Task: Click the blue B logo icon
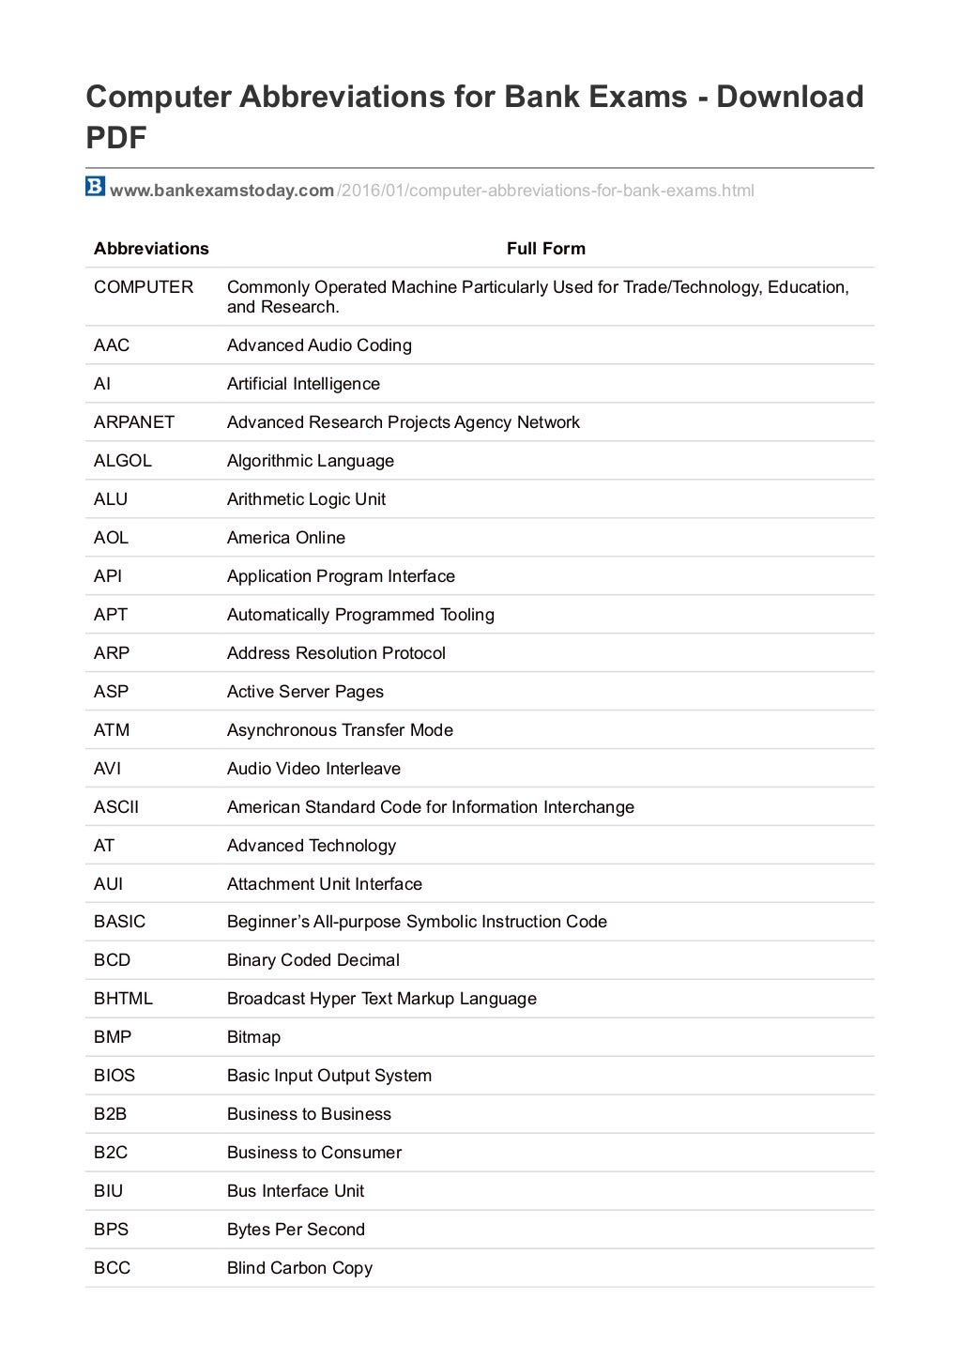(95, 187)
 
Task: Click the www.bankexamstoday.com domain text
(221, 191)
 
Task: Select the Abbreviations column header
(151, 249)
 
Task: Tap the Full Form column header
(545, 249)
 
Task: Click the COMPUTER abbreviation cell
(144, 287)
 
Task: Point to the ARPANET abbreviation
(134, 422)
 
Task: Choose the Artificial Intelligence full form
(303, 384)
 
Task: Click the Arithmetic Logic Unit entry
(306, 499)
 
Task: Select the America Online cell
(286, 538)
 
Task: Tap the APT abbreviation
(111, 615)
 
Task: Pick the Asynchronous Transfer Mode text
(340, 730)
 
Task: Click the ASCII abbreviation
(116, 807)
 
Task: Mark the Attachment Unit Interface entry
(325, 884)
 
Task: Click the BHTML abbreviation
(123, 999)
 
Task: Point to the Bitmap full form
(253, 1037)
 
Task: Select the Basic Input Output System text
(329, 1076)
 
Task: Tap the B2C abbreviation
(111, 1153)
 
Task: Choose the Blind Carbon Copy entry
(299, 1268)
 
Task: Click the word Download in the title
(789, 97)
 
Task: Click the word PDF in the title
(116, 138)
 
